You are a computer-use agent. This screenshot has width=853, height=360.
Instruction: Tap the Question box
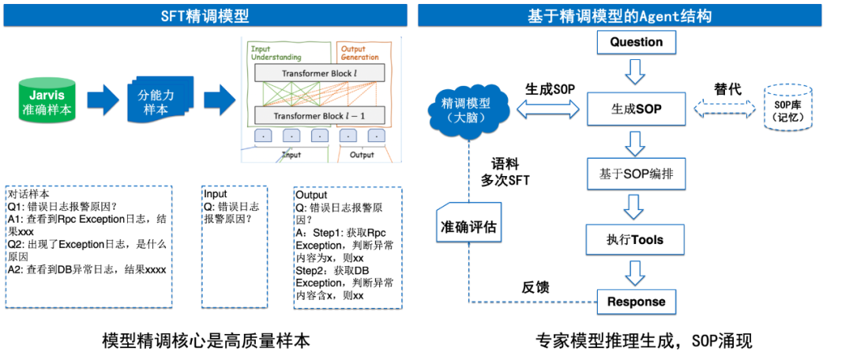[636, 42]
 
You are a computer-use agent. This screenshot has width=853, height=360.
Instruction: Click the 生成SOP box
[636, 109]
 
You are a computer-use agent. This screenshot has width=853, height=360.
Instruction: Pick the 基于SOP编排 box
[636, 173]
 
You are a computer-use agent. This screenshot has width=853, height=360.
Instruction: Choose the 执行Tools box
[636, 238]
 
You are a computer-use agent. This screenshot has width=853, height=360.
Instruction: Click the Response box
[636, 302]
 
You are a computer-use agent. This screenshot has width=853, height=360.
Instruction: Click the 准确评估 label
[468, 227]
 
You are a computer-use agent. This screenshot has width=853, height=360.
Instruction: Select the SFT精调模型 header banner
[204, 15]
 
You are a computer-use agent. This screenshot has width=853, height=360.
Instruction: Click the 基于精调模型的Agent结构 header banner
[629, 15]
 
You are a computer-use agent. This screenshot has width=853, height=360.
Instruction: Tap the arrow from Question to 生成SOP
[636, 73]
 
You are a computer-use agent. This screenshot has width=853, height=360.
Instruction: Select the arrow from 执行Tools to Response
[636, 271]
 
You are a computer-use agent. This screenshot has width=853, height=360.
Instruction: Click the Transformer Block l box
[319, 73]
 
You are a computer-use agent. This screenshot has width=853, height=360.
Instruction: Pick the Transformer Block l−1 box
[319, 116]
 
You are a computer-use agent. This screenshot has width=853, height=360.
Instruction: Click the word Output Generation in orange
[359, 53]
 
